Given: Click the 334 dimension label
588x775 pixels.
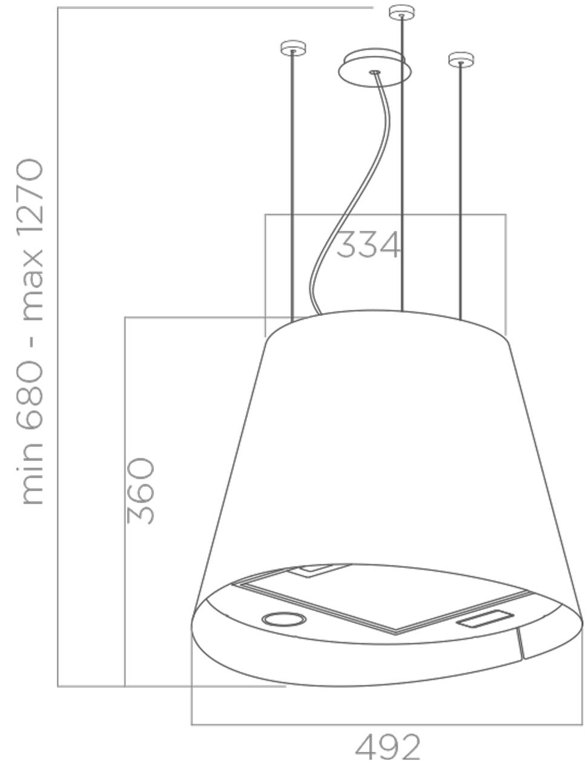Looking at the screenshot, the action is tap(369, 245).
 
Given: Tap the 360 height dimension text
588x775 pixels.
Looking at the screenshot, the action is tap(140, 491).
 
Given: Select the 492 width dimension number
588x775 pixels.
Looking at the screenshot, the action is tap(388, 747).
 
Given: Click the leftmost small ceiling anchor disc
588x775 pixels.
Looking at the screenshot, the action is tap(293, 48).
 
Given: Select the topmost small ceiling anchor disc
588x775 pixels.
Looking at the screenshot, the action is tap(401, 12).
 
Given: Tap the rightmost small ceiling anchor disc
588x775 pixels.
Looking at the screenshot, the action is tap(461, 59).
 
